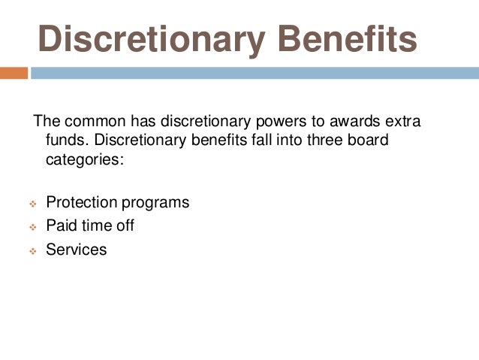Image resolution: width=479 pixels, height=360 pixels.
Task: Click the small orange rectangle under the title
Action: [14, 73]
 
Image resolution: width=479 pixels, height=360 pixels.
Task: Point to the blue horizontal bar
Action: [254, 73]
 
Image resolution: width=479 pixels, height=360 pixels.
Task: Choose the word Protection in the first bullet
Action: [81, 203]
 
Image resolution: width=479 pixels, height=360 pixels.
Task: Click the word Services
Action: [77, 249]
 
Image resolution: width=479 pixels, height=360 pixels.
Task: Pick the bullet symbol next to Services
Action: [32, 250]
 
